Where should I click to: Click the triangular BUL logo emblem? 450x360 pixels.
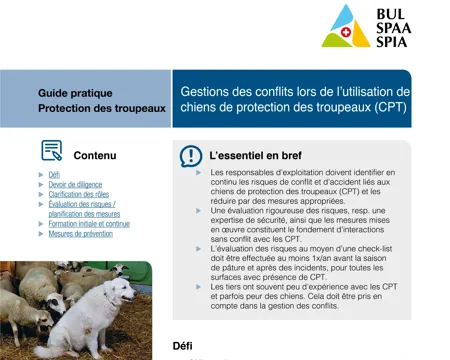click(x=346, y=26)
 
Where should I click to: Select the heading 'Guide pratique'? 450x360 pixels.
click(x=75, y=92)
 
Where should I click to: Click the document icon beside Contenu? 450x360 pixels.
click(x=51, y=153)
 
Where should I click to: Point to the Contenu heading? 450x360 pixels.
click(x=95, y=155)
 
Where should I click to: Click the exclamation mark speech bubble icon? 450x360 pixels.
click(x=190, y=156)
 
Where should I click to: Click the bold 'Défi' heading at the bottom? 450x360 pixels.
click(x=183, y=345)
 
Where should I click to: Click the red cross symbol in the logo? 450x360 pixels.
click(x=347, y=32)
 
